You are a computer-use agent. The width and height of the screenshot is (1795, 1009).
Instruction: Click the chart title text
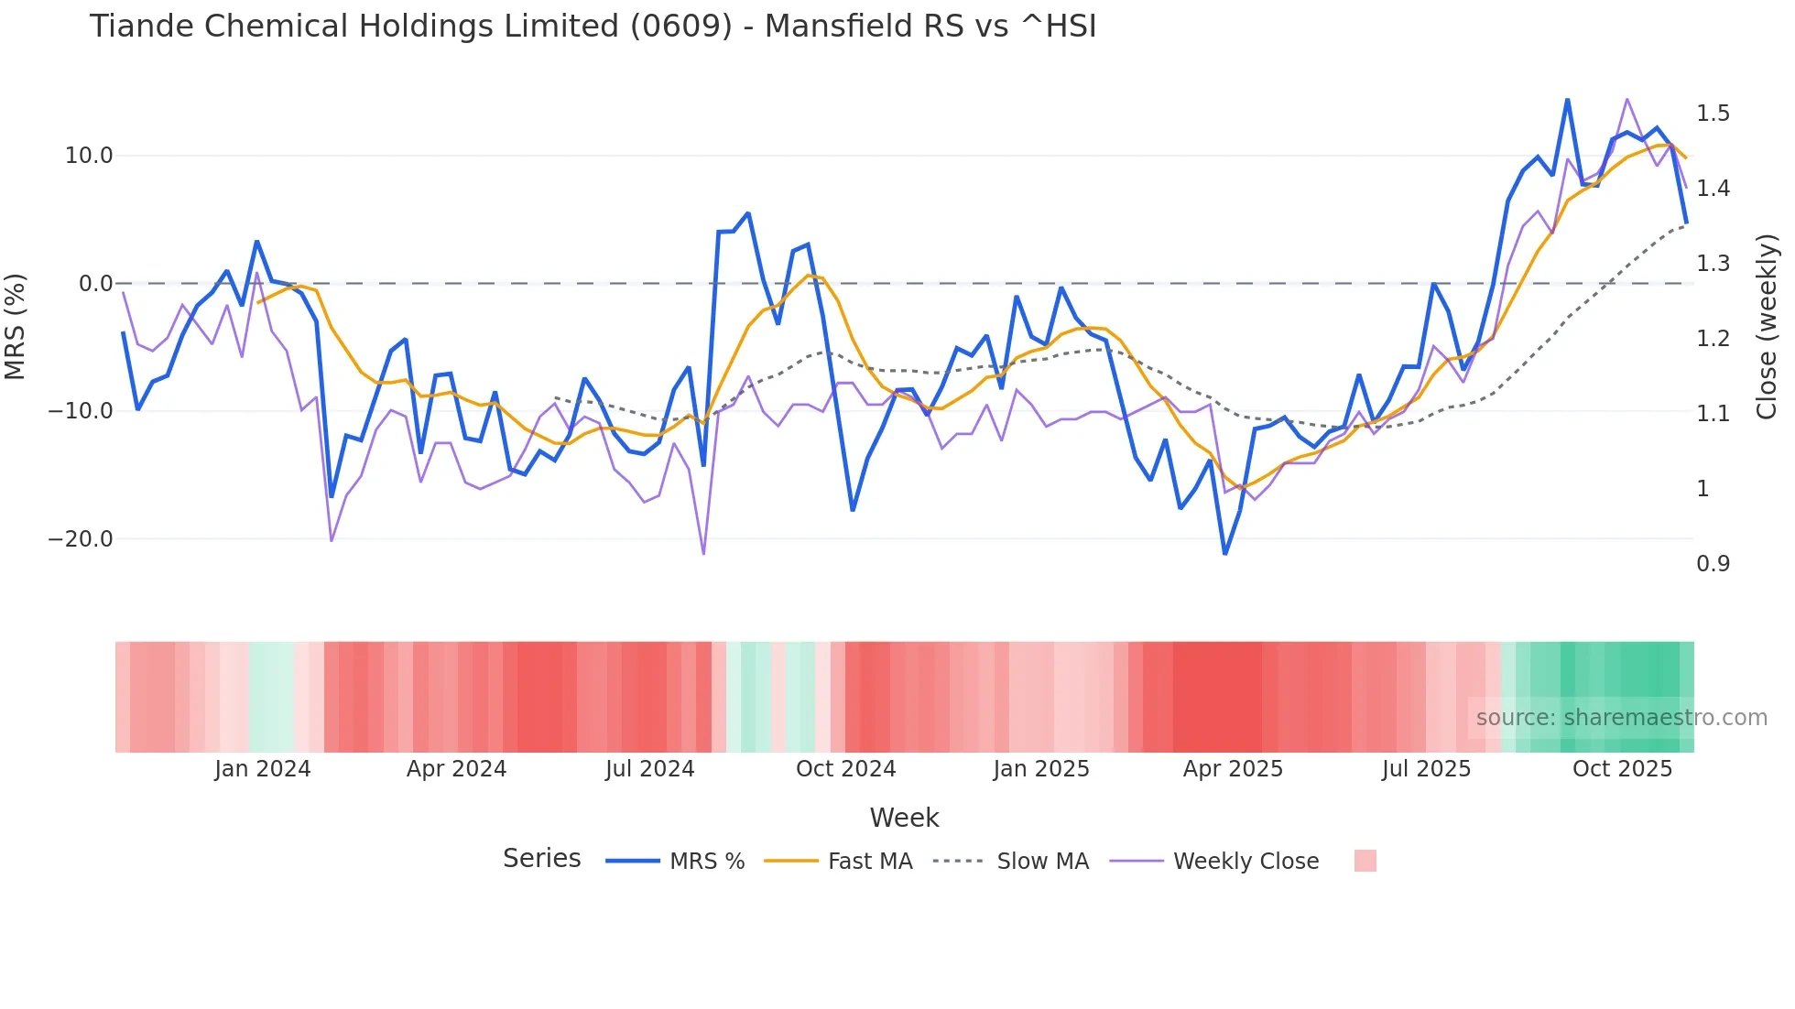593,27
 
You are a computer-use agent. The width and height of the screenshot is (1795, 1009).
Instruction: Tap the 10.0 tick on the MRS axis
89,156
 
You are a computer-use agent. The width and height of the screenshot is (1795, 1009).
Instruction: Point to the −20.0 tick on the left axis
81,539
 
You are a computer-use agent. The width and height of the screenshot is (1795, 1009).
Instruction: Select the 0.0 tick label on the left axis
96,284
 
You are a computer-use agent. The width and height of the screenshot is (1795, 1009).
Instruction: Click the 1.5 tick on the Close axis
1713,114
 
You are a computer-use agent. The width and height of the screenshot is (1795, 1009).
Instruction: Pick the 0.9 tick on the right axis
1713,564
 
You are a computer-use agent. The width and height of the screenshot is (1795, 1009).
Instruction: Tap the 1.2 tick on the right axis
1713,339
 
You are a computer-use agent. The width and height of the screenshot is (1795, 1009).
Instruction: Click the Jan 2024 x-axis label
263,769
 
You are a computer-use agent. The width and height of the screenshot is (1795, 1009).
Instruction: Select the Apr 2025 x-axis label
1233,769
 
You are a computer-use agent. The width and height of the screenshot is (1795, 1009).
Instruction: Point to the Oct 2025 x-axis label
1622,769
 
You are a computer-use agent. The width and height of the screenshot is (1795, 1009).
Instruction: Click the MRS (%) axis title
16,326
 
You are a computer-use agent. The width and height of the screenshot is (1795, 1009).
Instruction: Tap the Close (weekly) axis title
1767,326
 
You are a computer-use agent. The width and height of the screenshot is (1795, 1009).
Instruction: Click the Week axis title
904,818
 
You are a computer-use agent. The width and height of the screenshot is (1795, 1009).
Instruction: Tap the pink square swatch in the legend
1365,861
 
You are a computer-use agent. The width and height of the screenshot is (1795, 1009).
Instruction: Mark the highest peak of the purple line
1626,99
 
